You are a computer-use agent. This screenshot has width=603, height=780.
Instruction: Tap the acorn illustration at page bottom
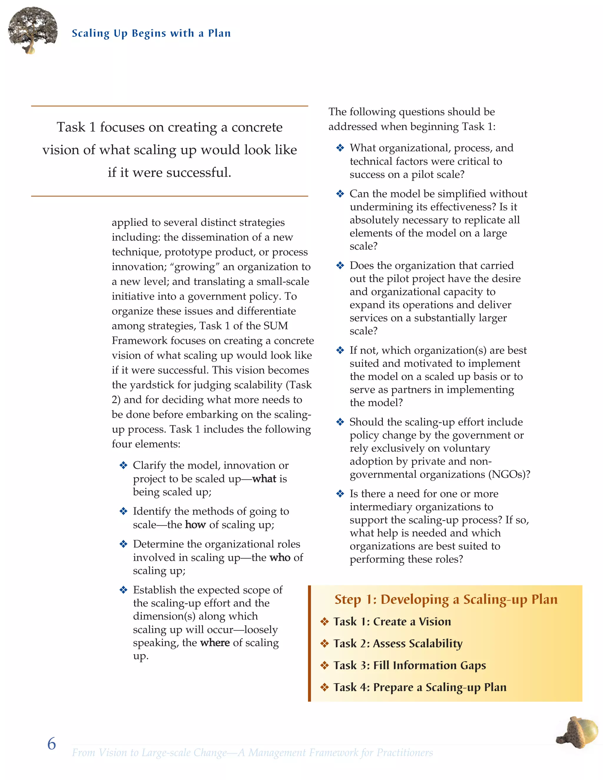click(578, 732)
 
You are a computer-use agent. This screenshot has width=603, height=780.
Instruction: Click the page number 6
click(52, 744)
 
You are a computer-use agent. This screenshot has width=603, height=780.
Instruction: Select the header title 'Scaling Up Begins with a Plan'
click(151, 33)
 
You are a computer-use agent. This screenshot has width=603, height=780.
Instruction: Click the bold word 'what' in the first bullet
click(264, 479)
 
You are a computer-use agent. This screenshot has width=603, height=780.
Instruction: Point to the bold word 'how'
click(196, 525)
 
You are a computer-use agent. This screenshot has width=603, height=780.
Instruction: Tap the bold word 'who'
click(280, 557)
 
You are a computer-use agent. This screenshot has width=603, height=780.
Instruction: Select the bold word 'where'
click(215, 643)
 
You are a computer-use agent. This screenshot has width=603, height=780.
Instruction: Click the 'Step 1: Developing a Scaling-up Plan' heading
click(446, 600)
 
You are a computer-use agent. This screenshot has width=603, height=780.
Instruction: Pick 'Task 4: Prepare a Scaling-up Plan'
click(420, 688)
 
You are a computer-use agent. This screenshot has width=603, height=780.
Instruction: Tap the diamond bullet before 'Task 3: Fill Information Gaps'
click(324, 666)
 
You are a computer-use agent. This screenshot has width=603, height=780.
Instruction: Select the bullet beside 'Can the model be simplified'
click(340, 194)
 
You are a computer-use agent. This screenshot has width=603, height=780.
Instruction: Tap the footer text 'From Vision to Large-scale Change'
click(149, 753)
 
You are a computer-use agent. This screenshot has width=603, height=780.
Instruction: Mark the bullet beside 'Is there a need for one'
click(340, 494)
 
